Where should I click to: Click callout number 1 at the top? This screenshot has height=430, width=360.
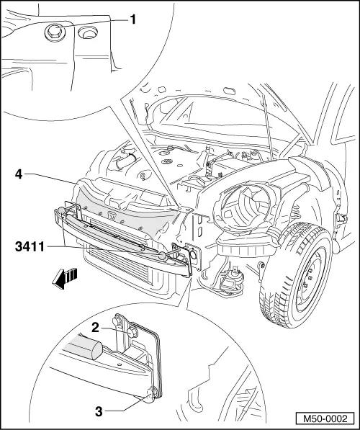click(133, 20)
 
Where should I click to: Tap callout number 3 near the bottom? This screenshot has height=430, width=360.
click(99, 411)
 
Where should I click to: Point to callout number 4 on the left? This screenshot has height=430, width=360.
click(17, 174)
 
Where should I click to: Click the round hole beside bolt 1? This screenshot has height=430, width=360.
click(88, 32)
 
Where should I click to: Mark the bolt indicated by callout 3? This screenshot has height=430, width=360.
click(151, 393)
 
